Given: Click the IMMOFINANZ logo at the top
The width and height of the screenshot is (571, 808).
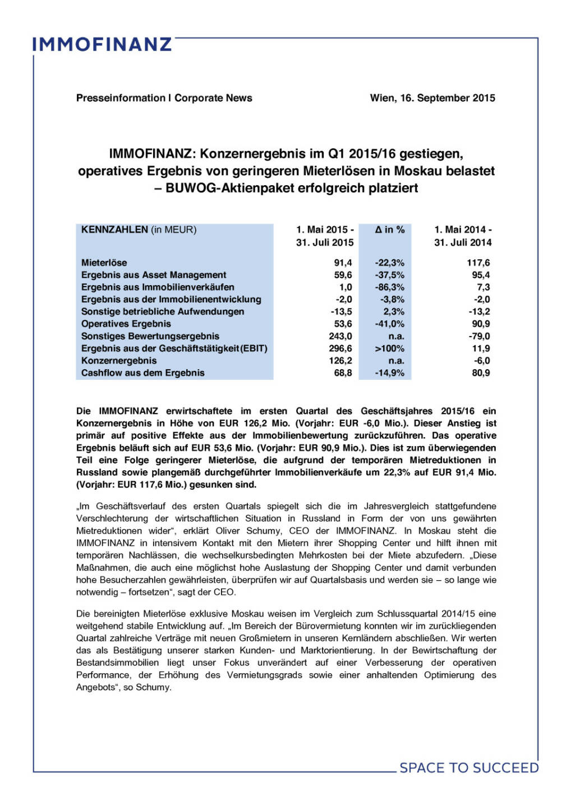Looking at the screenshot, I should tap(102, 44).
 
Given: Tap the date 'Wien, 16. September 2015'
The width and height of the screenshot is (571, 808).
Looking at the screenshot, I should tap(432, 98).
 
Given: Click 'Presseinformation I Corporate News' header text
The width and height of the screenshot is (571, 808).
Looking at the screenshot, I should tap(164, 98).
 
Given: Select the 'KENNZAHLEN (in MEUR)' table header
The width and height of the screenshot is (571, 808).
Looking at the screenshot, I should tap(139, 229).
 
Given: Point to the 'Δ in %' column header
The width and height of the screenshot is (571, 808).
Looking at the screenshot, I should tap(389, 229).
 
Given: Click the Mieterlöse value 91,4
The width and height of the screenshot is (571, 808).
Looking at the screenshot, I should tap(343, 263).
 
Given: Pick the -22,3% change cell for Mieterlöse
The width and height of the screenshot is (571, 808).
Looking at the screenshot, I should tap(389, 263).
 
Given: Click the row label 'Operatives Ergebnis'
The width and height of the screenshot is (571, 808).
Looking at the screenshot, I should tap(126, 324).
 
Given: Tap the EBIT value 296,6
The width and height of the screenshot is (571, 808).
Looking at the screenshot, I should tap(340, 348).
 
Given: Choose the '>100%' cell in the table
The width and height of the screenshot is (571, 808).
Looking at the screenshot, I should tap(389, 348).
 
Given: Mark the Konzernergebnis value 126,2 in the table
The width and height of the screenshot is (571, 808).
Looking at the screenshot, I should tap(340, 361).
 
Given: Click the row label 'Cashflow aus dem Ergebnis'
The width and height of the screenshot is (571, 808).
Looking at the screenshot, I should tap(142, 373).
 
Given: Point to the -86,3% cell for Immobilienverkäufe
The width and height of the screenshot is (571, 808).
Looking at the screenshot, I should tap(389, 287).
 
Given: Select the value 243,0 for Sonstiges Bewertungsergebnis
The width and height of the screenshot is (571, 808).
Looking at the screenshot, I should tap(340, 336).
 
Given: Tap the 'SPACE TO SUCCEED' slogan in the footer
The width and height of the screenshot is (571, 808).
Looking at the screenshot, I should tap(469, 768).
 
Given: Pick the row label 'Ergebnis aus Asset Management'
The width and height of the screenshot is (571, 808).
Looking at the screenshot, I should tap(154, 275).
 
